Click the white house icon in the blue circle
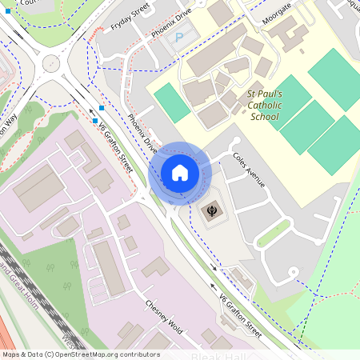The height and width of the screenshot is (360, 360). click(180, 173)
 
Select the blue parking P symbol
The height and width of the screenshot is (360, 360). click(179, 37)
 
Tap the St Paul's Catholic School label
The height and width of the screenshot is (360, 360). click(263, 105)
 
